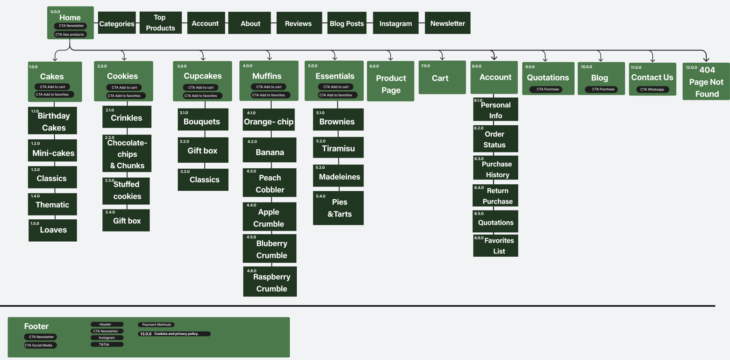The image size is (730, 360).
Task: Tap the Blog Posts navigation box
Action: [x=346, y=23]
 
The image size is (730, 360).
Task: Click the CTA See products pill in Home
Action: [x=70, y=34]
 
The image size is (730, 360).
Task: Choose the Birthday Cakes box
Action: [x=52, y=121]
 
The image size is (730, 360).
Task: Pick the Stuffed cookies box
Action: [x=126, y=191]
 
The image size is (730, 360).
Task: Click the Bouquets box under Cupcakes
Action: [x=203, y=121]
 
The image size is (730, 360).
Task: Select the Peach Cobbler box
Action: [x=270, y=184]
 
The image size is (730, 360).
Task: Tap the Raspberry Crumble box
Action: [x=270, y=282]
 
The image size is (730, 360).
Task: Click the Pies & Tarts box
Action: [x=338, y=208]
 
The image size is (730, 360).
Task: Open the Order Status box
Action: [x=495, y=139]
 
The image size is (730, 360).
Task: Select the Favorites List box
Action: [x=495, y=245]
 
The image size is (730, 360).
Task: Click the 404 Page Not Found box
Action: [x=706, y=81]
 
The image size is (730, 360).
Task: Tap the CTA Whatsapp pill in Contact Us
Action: [x=652, y=89]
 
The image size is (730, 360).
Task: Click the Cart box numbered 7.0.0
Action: [x=442, y=78]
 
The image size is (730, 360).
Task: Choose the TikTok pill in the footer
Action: [x=107, y=345]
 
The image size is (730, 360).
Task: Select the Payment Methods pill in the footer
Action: [x=156, y=324]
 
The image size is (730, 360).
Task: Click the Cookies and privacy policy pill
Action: [x=174, y=334]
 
